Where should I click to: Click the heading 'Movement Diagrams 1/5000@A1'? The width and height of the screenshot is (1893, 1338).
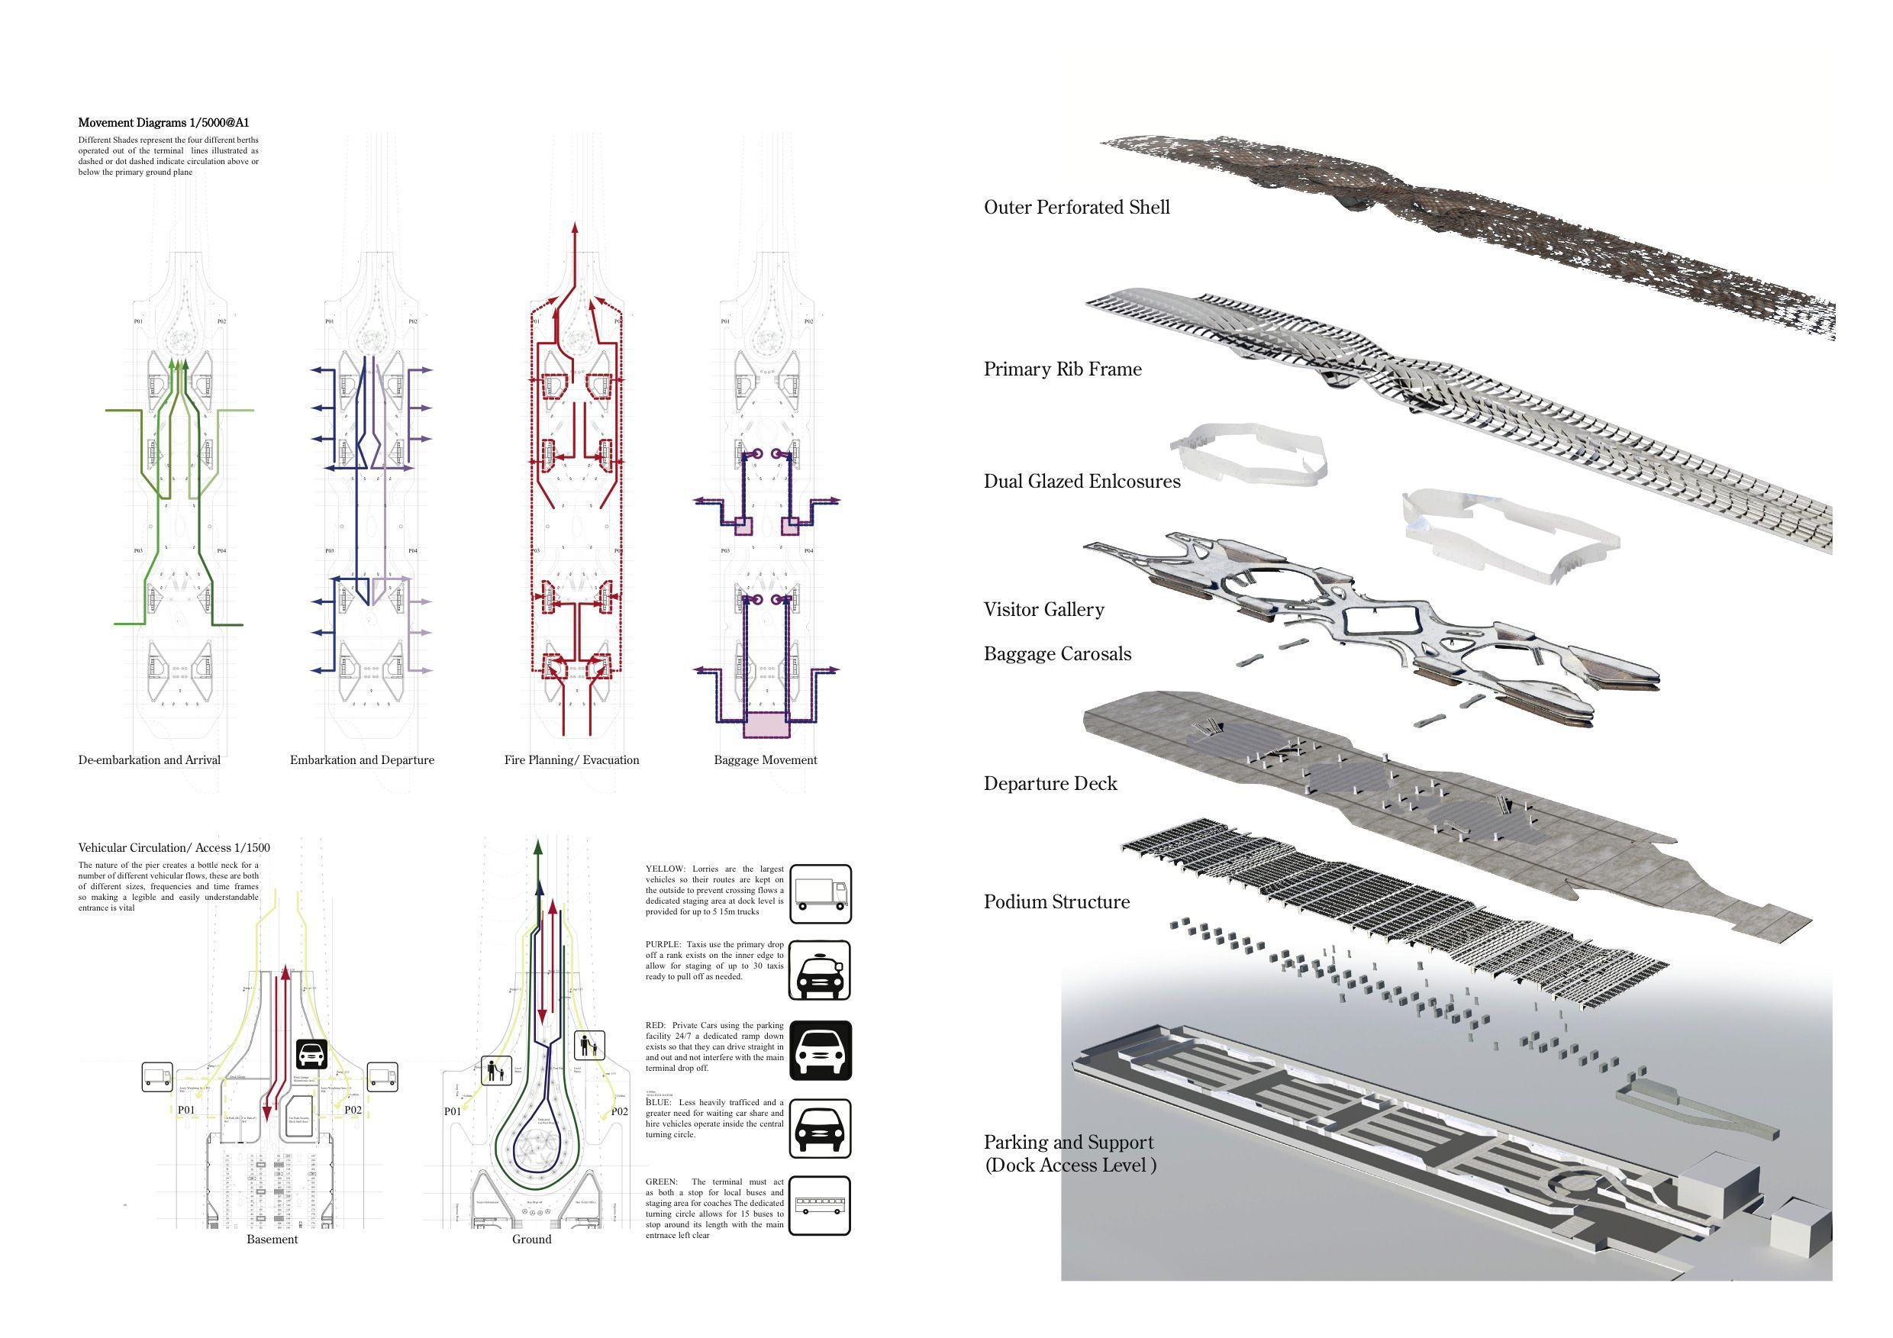[163, 123]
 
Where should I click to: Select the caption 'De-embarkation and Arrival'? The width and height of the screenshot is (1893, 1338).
[150, 760]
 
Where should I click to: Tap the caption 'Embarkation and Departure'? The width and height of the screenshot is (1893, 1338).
[362, 760]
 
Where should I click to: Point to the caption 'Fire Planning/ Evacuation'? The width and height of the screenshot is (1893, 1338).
[572, 760]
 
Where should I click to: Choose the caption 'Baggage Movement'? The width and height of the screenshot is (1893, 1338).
[765, 760]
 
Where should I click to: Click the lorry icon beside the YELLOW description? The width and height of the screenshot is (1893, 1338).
[820, 895]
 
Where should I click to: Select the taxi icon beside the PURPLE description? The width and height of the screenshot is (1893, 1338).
[820, 970]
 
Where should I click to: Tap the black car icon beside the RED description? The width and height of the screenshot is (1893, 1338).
[820, 1051]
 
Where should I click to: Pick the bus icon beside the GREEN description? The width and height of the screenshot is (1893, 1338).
[820, 1205]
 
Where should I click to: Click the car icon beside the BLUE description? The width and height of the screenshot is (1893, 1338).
[820, 1129]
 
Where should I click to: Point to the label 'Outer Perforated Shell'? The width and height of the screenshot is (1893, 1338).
[1077, 207]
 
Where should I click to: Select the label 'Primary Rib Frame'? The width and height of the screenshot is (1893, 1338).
[1063, 369]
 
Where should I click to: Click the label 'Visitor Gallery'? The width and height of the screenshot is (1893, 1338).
[1043, 609]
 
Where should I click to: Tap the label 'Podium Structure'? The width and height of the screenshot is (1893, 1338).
[1057, 901]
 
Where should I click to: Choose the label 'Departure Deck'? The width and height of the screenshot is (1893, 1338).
[1050, 783]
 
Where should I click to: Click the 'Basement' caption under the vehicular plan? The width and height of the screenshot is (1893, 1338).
[272, 1239]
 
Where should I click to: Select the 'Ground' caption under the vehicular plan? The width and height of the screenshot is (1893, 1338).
[532, 1239]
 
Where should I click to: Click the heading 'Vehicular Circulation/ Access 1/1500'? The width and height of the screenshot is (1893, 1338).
[174, 847]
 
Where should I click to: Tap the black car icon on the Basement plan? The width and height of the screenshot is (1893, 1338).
[311, 1053]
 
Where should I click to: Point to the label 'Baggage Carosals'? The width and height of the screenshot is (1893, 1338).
[1058, 654]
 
